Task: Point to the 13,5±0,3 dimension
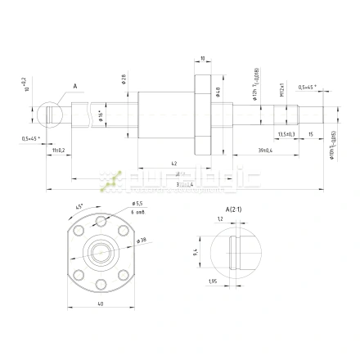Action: click(x=286, y=133)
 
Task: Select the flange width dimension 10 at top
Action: click(x=201, y=58)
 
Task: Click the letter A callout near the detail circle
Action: click(x=74, y=85)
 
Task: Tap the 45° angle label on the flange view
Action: click(x=78, y=205)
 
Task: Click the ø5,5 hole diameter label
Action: click(x=137, y=204)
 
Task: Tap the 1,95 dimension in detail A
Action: click(x=212, y=282)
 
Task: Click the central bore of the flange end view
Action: click(x=100, y=250)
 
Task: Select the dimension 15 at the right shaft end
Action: click(x=310, y=133)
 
